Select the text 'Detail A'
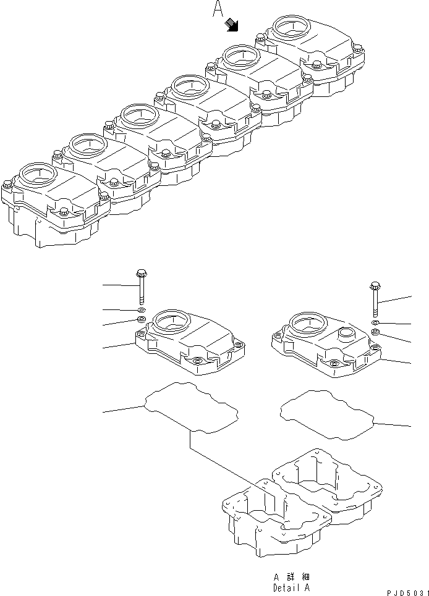(x=291, y=588)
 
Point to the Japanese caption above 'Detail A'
(x=291, y=577)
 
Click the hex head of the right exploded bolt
(x=375, y=285)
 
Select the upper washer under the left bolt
(x=142, y=309)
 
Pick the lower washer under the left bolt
(x=142, y=319)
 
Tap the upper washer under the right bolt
(x=375, y=323)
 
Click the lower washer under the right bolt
(x=375, y=332)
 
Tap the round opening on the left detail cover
(x=169, y=321)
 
